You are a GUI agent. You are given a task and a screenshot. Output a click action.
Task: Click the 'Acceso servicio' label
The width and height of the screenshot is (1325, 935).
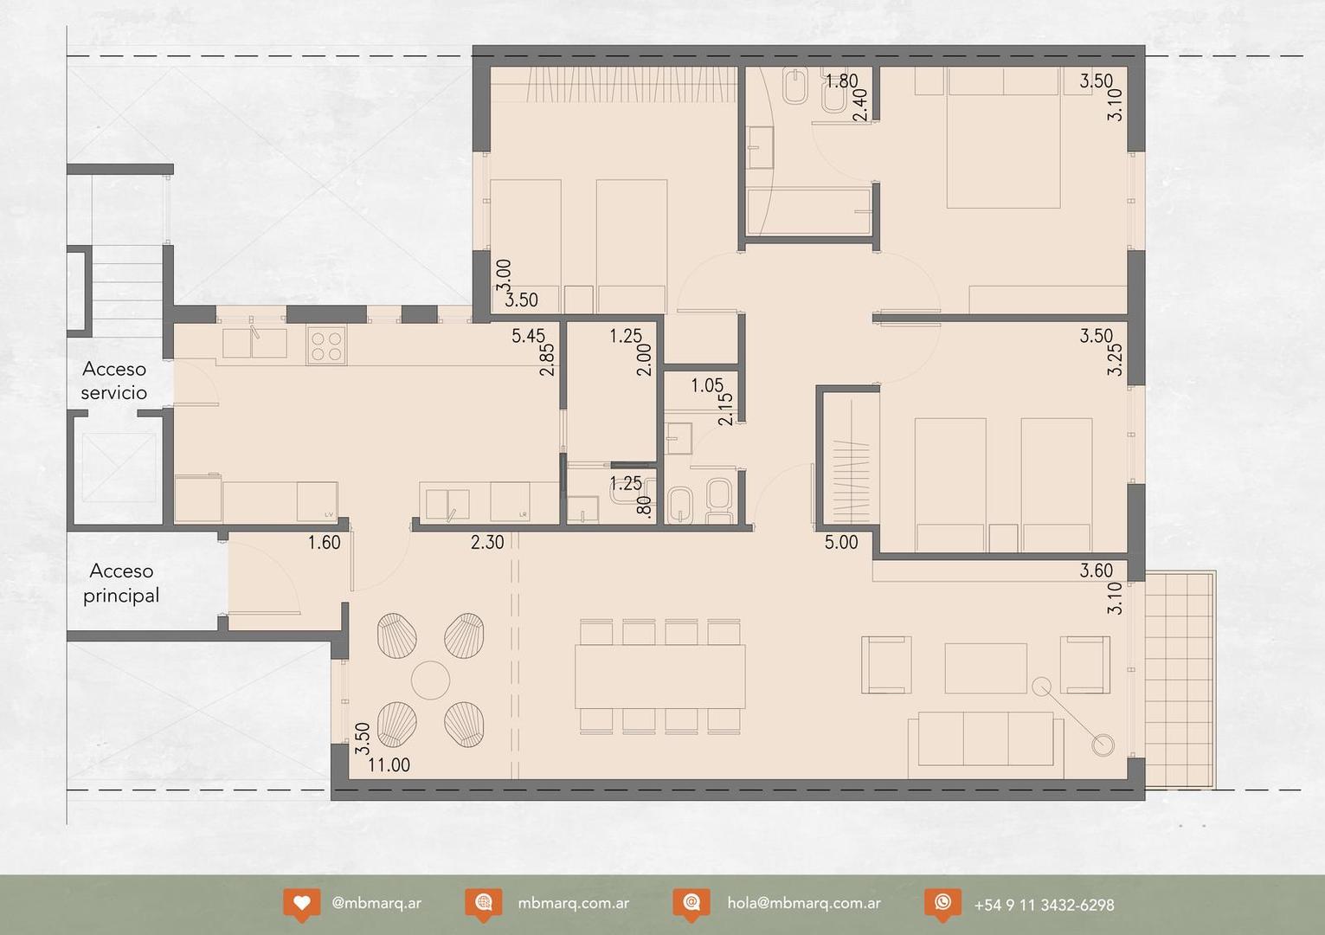point(114,381)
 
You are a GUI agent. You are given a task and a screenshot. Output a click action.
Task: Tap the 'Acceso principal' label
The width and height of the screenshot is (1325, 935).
point(121,583)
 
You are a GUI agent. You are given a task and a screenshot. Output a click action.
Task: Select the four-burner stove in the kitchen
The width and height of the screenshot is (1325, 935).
point(326,345)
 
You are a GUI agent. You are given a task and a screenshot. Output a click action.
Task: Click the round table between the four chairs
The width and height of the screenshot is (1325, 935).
point(430,680)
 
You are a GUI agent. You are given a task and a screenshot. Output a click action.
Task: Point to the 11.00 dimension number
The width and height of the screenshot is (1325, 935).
point(389,765)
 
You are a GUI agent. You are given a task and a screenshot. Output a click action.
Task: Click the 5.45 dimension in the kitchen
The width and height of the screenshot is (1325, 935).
point(528,336)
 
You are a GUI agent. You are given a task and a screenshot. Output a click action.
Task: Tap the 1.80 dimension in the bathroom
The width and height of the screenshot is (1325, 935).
point(841,81)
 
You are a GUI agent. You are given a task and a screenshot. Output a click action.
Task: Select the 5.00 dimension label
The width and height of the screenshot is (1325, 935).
point(841,543)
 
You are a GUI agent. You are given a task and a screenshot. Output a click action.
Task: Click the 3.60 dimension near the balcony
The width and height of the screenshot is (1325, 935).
point(1096,571)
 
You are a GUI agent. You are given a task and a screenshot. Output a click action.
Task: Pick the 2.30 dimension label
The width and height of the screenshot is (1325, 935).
point(487,543)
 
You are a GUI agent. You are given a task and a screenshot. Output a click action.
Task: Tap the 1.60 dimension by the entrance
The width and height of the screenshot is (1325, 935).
point(325,543)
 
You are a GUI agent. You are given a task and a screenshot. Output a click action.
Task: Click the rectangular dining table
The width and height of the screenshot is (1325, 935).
point(659,676)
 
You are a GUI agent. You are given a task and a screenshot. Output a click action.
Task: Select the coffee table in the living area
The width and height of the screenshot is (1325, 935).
point(986,667)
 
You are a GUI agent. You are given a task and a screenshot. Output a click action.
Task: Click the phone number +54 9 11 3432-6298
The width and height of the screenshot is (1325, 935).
point(1044,905)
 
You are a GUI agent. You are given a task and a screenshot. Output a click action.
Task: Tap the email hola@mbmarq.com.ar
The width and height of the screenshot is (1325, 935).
point(804,902)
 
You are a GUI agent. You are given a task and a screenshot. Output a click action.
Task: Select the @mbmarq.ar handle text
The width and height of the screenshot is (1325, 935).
point(376,902)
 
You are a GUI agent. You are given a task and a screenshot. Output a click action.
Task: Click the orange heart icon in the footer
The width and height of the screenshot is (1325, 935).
point(301,903)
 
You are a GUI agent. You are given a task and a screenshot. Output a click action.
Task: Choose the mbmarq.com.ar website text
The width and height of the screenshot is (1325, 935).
point(573,902)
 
